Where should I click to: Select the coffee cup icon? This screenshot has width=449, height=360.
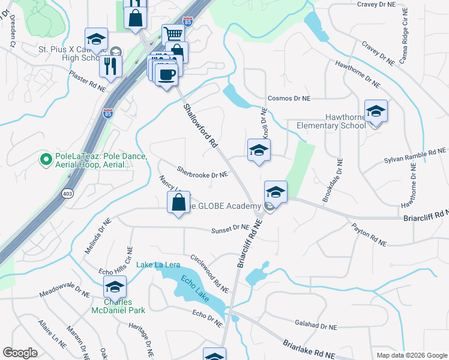[x=166, y=74]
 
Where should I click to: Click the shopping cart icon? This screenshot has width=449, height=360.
[x=173, y=35]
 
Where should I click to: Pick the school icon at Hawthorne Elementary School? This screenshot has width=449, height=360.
[x=376, y=111]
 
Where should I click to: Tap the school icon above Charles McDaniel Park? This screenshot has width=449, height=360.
[x=115, y=287]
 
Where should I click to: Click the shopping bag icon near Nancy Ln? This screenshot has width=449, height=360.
[x=179, y=202]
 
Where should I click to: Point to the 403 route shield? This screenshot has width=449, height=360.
[x=67, y=194]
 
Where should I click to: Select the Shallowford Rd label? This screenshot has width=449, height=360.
[x=200, y=127]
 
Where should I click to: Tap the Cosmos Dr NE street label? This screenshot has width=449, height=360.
[x=289, y=98]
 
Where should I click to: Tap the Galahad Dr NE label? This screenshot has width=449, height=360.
[x=316, y=326]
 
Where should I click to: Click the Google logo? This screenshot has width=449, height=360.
[x=20, y=353]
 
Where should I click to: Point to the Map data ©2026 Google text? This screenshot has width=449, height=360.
[x=411, y=355]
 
